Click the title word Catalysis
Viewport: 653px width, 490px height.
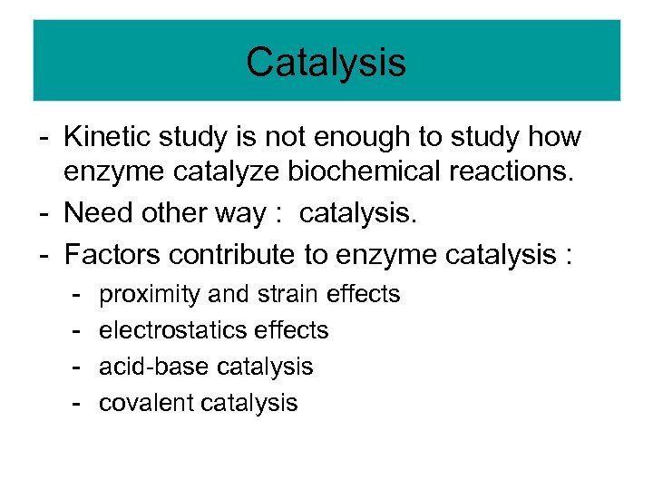pyautogui.click(x=326, y=63)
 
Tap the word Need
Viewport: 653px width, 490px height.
pyautogui.click(x=99, y=215)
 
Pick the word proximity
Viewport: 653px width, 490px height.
pyautogui.click(x=150, y=294)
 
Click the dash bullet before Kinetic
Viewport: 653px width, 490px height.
pyautogui.click(x=44, y=138)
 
